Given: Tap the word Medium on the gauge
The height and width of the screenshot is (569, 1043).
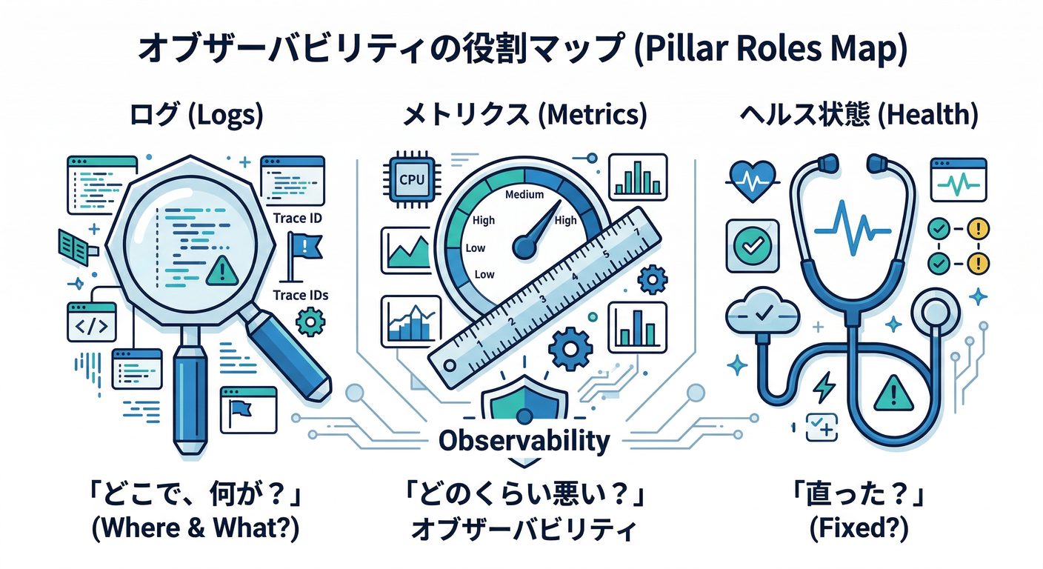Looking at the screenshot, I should tap(524, 195).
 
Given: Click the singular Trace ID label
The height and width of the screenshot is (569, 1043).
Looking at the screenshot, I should tap(297, 218).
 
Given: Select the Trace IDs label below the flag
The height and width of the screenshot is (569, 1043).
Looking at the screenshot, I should tap(301, 295).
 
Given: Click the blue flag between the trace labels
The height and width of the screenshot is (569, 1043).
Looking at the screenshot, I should tap(304, 249).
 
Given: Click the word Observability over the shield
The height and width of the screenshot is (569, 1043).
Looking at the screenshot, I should tap(524, 441).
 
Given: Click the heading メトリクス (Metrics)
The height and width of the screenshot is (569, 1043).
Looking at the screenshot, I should tap(524, 116).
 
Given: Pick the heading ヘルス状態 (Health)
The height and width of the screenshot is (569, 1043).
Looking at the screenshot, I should tap(859, 116).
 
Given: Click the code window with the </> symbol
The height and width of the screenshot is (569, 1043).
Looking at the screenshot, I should tap(91, 322).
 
